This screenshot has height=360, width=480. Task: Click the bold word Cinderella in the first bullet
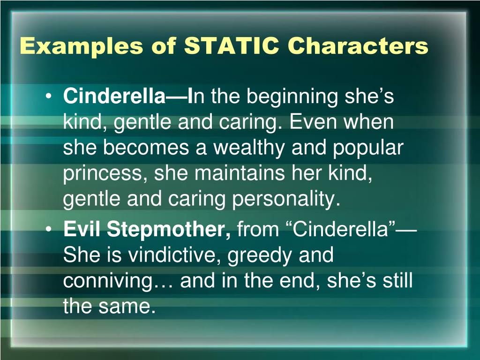pos(114,97)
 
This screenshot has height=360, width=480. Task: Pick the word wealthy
pos(250,148)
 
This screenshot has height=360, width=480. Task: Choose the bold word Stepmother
pos(170,230)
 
